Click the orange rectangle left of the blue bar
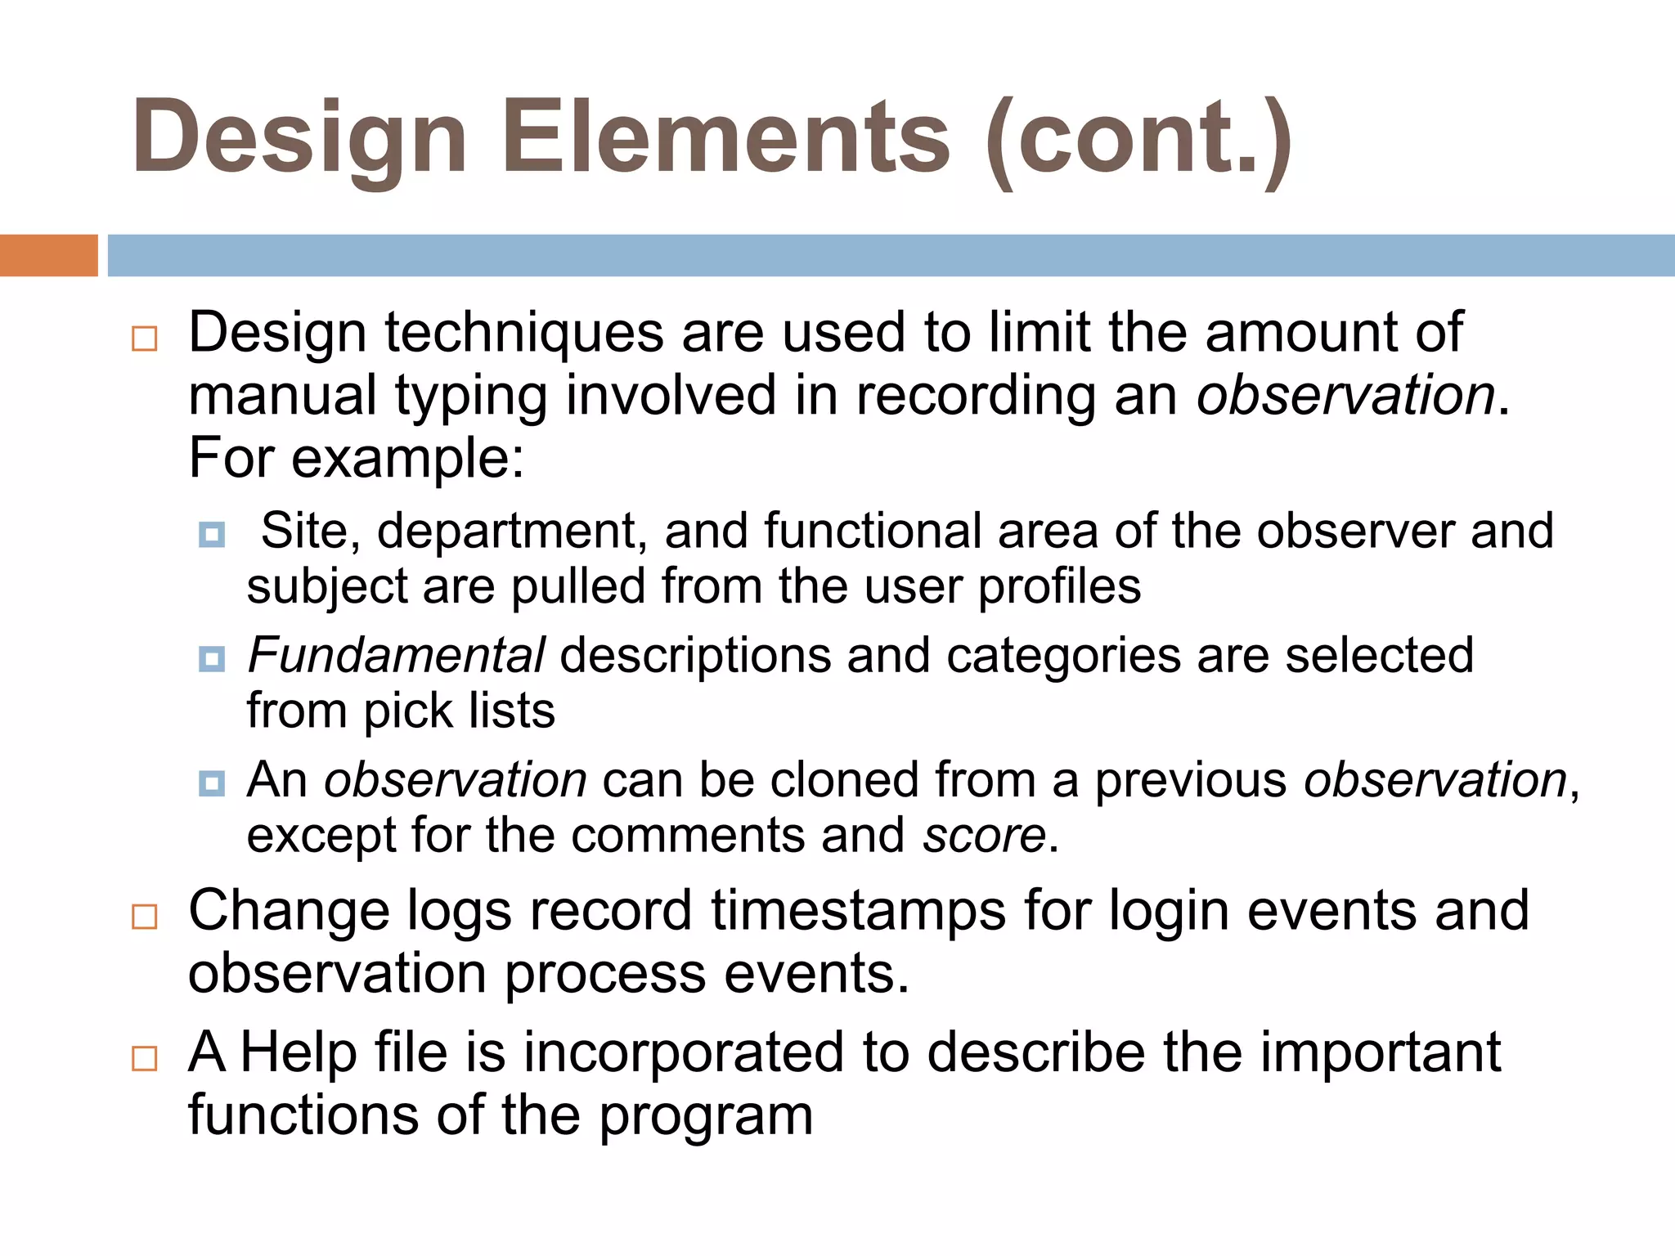(x=48, y=255)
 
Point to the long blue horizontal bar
(x=891, y=255)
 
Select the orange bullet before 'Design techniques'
(x=145, y=339)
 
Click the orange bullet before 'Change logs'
(x=145, y=917)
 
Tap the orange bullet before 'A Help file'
(x=145, y=1058)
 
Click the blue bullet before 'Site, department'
(x=212, y=535)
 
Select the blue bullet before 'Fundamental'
(x=212, y=659)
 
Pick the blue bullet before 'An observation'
(x=212, y=783)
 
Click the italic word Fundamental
(x=396, y=656)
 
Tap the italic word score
(x=984, y=836)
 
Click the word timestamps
(x=858, y=911)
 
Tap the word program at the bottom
(x=706, y=1116)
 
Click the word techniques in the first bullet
(x=523, y=334)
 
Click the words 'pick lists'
(x=459, y=711)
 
